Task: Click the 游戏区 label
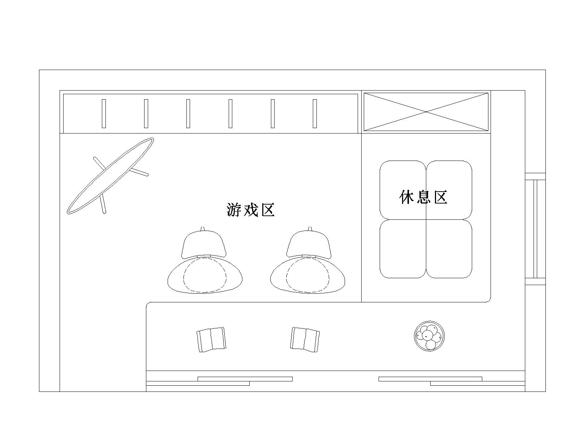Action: tap(250, 210)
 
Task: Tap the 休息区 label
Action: tap(423, 197)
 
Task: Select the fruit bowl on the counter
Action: tap(429, 336)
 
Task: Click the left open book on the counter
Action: tap(211, 340)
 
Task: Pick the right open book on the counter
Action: tap(305, 340)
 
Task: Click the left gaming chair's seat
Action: tap(205, 275)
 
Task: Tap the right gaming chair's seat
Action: tap(307, 275)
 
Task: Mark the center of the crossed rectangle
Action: tap(426, 112)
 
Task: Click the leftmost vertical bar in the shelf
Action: tap(104, 114)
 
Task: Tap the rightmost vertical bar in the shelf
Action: tap(315, 114)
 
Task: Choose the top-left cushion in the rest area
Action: tap(403, 190)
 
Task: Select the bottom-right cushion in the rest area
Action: tap(449, 249)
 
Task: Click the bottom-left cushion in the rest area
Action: tap(403, 249)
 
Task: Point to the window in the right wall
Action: tap(535, 229)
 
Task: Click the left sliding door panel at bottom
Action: tap(219, 381)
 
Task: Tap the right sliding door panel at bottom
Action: tap(452, 381)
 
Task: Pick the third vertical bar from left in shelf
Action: tap(188, 114)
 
